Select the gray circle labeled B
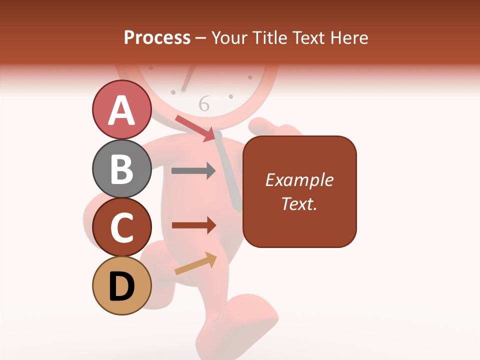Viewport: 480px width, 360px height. point(122,168)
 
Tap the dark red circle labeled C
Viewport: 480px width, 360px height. point(122,227)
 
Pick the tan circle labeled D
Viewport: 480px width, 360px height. point(122,286)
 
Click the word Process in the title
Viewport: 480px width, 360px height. point(157,37)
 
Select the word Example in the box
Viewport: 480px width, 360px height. point(299,180)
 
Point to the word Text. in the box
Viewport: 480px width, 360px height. point(299,203)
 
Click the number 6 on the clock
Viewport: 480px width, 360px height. point(204,104)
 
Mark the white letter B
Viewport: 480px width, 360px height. point(122,169)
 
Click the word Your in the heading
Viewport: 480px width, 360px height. point(230,37)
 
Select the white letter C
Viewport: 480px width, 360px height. point(122,228)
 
